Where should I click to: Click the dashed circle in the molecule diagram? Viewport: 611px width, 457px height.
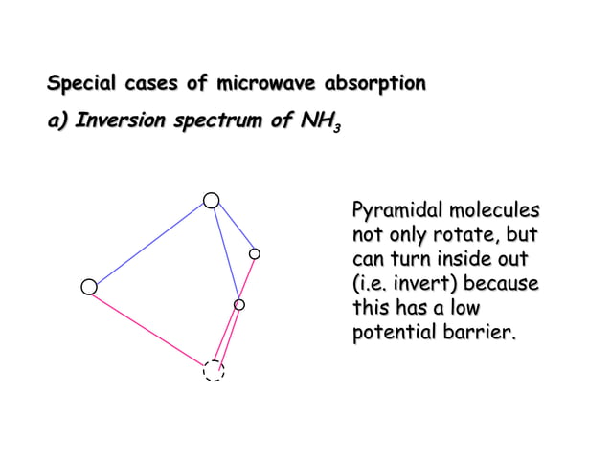click(x=214, y=370)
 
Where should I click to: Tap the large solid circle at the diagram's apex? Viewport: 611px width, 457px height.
click(x=211, y=200)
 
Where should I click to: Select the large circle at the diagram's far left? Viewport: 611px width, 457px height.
click(x=89, y=287)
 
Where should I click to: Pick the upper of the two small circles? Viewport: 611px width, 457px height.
click(x=255, y=253)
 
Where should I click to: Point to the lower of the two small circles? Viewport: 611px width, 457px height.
click(x=239, y=304)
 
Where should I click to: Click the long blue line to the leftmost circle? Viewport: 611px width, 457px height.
click(x=149, y=244)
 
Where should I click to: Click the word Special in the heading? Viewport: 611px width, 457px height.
click(x=82, y=84)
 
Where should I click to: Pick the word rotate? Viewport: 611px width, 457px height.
click(x=464, y=235)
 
